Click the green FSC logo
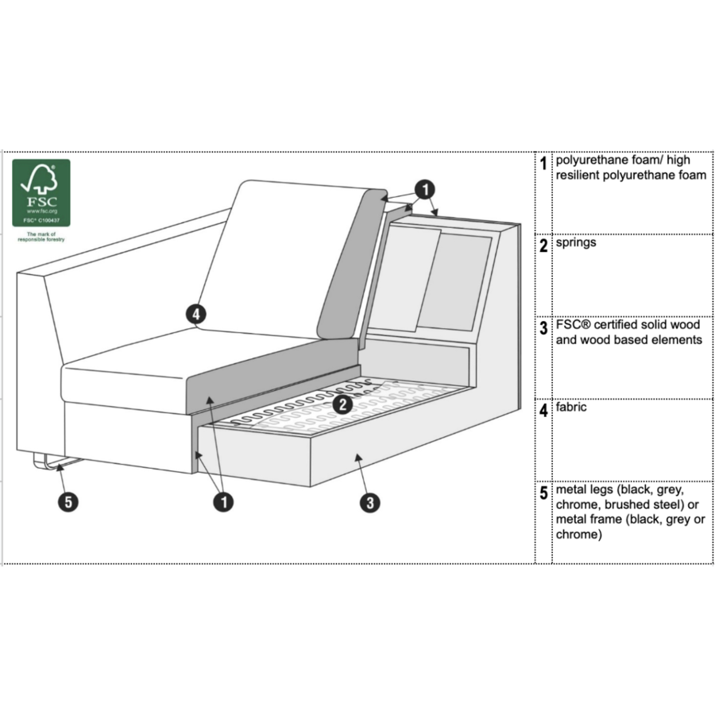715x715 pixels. (x=41, y=192)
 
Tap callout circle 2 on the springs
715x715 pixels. (x=342, y=404)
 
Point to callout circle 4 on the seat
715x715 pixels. (x=196, y=315)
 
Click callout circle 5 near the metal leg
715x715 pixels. (x=68, y=502)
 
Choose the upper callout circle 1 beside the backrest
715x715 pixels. (x=425, y=189)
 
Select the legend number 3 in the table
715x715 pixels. (x=543, y=328)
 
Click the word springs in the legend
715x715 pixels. (x=576, y=242)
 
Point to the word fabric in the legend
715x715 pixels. (x=571, y=408)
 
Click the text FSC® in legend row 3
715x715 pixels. (x=574, y=325)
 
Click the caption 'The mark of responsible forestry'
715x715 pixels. (x=41, y=237)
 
